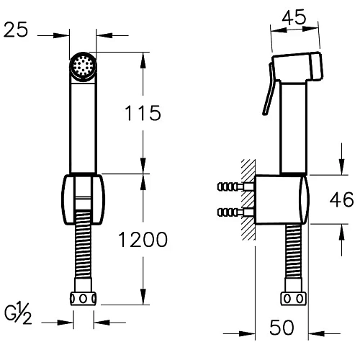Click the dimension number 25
coord(16,30)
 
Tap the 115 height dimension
coord(143,113)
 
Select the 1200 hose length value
coord(143,239)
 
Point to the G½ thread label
coord(18,314)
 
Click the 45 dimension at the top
coord(294,17)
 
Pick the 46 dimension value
coord(341,199)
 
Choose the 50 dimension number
coord(282,327)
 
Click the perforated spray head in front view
coord(83,66)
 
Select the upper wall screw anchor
coord(235,186)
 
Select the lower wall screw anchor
coord(235,212)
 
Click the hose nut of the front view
coord(83,299)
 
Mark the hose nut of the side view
coord(294,299)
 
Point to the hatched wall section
coord(248,199)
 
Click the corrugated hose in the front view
coord(83,244)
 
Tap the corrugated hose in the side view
coord(294,251)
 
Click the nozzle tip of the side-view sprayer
coord(316,66)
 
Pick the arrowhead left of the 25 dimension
coord(61,35)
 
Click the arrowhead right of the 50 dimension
coord(316,333)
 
